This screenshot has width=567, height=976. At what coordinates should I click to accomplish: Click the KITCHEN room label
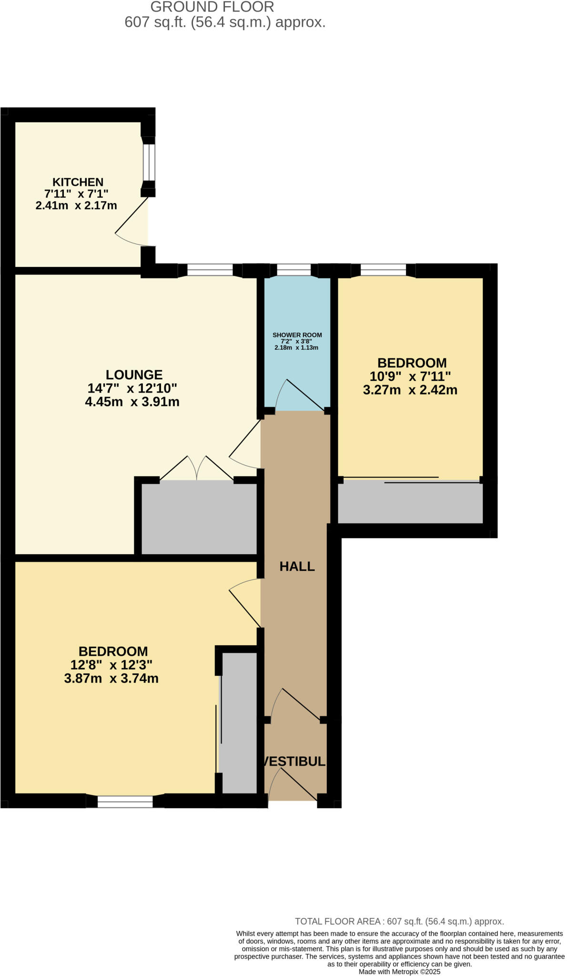[x=78, y=182]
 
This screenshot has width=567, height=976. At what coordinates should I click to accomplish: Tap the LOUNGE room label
[x=134, y=375]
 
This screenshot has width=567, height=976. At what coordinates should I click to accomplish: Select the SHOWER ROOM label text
[x=297, y=335]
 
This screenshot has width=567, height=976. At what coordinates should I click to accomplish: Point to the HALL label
[x=297, y=566]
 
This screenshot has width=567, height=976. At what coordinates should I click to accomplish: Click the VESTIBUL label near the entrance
[x=294, y=761]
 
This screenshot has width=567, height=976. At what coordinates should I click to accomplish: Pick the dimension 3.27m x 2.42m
[x=410, y=390]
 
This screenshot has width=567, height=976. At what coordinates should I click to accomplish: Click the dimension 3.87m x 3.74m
[x=111, y=678]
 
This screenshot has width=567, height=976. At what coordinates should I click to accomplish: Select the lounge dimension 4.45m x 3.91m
[x=132, y=402]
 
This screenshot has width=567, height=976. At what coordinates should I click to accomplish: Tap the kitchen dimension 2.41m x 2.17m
[x=76, y=206]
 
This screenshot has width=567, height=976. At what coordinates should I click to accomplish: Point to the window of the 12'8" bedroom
[x=125, y=802]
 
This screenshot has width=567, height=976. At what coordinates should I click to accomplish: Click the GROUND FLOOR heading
[x=212, y=7]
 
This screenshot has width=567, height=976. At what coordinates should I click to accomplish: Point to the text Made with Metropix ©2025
[x=399, y=972]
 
